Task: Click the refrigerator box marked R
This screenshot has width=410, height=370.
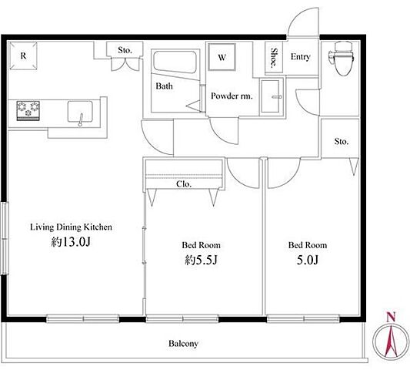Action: tap(23, 55)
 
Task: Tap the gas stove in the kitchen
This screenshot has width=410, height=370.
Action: tap(28, 110)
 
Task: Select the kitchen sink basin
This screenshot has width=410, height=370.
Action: tap(80, 112)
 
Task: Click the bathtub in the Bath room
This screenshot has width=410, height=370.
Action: tap(175, 63)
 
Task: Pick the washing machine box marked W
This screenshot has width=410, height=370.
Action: tap(222, 57)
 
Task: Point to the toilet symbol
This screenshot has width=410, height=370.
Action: tap(342, 59)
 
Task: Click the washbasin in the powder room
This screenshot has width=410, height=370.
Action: tap(272, 96)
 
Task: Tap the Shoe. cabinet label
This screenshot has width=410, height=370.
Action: tap(274, 57)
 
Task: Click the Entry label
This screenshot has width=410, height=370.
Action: tap(301, 57)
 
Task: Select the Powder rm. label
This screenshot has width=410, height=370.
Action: tap(232, 96)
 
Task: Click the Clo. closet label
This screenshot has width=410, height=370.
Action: tap(184, 184)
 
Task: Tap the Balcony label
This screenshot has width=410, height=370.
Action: tap(183, 344)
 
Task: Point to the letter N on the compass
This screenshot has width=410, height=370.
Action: tap(391, 317)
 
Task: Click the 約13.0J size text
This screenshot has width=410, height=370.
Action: tap(71, 242)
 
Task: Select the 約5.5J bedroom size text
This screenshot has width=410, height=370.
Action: tap(201, 260)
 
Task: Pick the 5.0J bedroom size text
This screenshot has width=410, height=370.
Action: tap(308, 260)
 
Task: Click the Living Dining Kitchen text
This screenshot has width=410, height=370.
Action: tap(71, 227)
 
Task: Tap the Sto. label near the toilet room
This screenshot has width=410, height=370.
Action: tap(342, 142)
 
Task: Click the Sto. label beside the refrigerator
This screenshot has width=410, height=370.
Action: tap(125, 50)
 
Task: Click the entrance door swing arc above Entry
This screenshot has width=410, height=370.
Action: tap(298, 18)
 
